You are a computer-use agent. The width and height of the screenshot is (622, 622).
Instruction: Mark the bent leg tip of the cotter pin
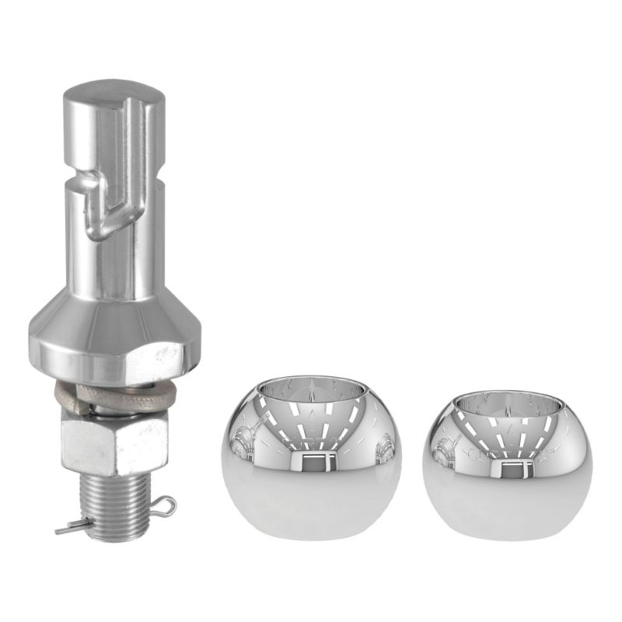point(60,530)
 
